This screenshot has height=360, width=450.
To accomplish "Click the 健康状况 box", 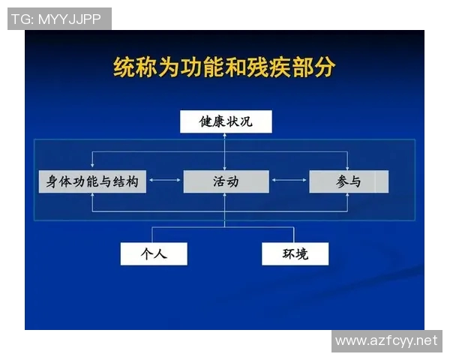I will click(x=225, y=121).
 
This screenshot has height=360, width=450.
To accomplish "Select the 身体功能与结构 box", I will click(x=92, y=181).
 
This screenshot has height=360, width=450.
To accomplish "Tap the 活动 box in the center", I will click(x=226, y=181).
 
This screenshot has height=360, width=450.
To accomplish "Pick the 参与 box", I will click(x=349, y=181).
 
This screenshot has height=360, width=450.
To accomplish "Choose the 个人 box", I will click(x=153, y=253).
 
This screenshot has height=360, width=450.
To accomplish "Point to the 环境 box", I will click(x=295, y=253).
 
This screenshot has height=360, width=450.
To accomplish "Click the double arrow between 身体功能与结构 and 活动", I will click(x=165, y=181).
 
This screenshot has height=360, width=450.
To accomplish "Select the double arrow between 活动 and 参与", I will click(x=289, y=181).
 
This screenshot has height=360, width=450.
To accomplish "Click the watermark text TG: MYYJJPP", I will click(x=56, y=19).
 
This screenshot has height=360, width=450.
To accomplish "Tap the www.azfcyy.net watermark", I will click(x=385, y=341).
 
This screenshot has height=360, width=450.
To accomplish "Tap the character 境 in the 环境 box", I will click(x=302, y=253).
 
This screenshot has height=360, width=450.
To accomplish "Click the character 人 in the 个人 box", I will click(x=160, y=253).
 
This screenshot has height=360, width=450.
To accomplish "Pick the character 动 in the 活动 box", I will click(x=233, y=181).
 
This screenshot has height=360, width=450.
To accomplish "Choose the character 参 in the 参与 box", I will click(x=342, y=181).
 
